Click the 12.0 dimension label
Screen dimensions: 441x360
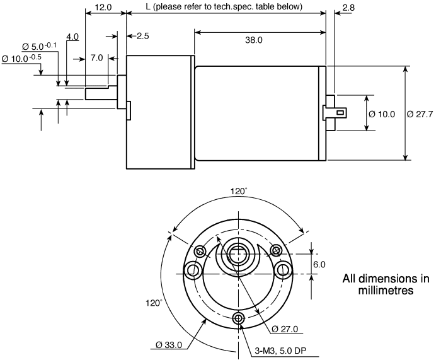coord(103,7)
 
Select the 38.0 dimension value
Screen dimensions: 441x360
coord(254,40)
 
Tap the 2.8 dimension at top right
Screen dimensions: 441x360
coord(348,8)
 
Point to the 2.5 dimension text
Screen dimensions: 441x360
coord(143,36)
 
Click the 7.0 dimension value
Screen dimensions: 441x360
coord(96,58)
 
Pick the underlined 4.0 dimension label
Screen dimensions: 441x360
coord(72,37)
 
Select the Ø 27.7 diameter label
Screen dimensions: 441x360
coord(420,114)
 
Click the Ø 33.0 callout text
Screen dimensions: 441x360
coord(169,345)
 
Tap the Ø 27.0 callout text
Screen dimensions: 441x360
coord(285,328)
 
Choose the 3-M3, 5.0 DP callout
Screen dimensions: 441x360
coord(280,351)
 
